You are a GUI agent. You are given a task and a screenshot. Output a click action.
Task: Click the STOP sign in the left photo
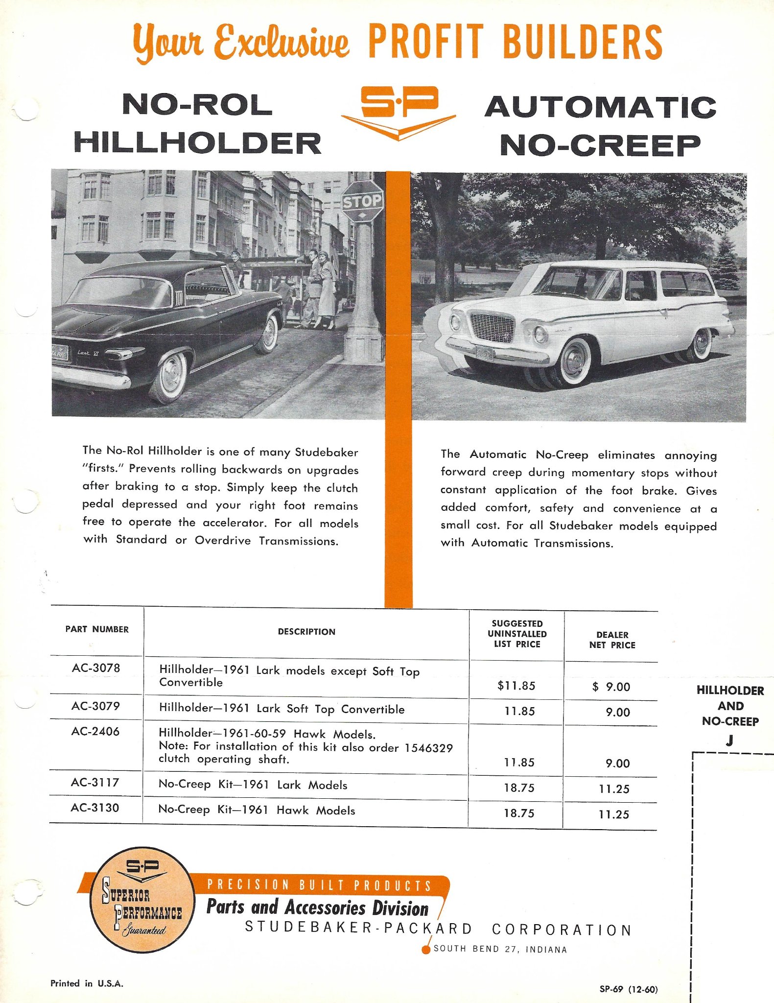362,201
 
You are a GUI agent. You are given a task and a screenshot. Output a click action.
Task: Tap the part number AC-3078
96,668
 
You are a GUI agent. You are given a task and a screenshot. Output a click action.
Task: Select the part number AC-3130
95,808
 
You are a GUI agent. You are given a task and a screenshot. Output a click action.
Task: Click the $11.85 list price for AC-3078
516,686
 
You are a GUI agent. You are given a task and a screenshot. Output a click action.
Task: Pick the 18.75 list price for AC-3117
519,788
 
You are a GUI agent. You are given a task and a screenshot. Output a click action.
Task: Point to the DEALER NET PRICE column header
612,640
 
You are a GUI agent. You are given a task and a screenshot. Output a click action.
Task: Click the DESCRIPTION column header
306,632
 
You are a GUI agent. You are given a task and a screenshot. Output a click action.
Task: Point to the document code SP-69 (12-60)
629,989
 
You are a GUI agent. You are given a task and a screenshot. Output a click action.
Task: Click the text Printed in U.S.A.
87,983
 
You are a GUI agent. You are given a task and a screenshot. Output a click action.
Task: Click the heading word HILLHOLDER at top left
197,143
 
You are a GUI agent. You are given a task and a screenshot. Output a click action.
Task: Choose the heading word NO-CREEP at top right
600,145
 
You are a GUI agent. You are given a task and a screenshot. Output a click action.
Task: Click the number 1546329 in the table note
428,748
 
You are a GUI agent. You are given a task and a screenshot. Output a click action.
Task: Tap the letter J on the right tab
729,740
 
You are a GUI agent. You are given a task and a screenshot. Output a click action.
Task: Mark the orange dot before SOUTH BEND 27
426,950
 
